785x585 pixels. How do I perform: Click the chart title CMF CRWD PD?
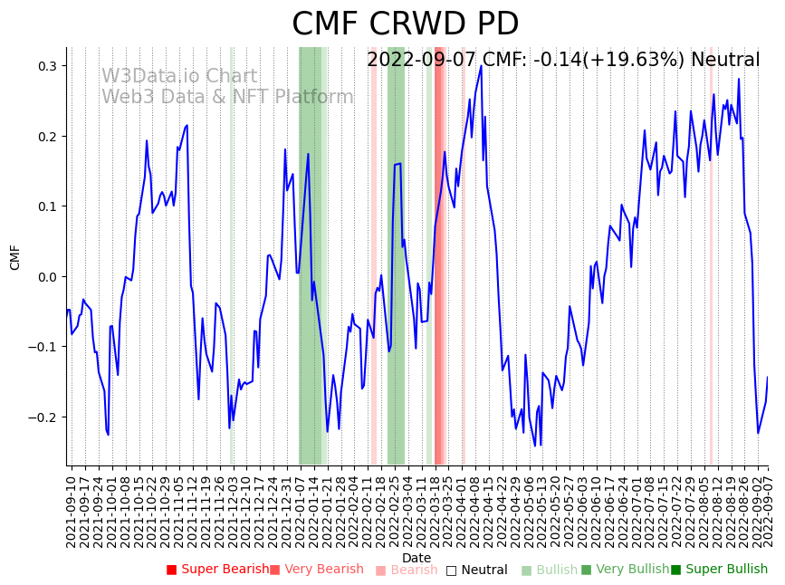(x=405, y=24)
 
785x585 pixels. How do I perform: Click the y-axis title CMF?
(x=15, y=257)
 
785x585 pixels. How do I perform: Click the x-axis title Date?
(x=416, y=558)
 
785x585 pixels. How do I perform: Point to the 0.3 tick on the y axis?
(x=46, y=66)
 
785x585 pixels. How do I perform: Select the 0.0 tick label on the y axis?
(x=46, y=277)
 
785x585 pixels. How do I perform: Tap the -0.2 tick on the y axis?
(x=43, y=417)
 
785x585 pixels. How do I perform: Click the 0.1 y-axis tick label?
(x=46, y=206)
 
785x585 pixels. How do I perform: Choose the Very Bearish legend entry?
(x=316, y=570)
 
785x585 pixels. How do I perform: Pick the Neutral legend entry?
(x=476, y=571)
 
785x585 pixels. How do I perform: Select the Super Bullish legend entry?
(x=719, y=570)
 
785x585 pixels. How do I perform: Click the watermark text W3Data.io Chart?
(x=179, y=77)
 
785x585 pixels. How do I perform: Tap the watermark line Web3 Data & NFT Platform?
(x=227, y=97)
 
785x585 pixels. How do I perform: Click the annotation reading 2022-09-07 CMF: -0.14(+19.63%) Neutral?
(x=563, y=60)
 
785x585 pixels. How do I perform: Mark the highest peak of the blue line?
(x=481, y=65)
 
